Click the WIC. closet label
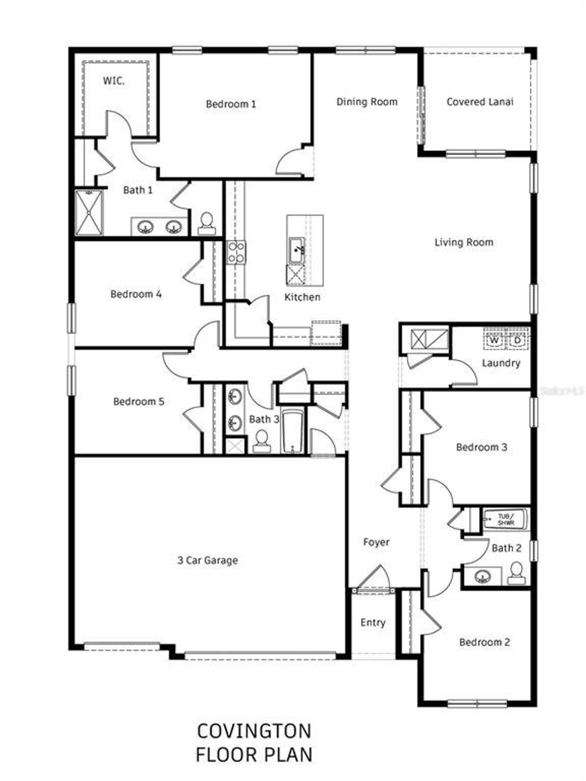[114, 81]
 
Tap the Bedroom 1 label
[231, 104]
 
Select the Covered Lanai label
[480, 102]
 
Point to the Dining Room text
[367, 102]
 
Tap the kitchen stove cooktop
[236, 253]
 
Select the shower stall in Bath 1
[89, 213]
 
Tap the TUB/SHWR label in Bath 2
[505, 520]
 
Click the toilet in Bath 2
[516, 573]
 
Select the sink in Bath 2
[482, 576]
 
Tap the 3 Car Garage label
[207, 560]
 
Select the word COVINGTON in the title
[254, 731]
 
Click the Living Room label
[464, 242]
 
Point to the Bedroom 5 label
[138, 402]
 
